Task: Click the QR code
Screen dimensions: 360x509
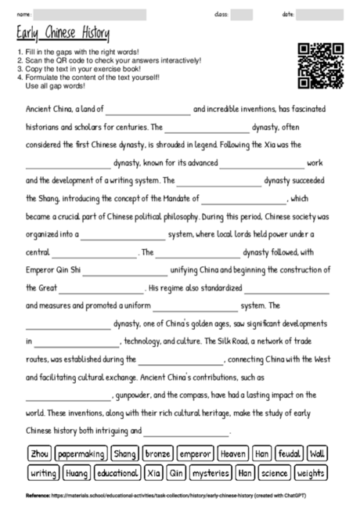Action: [x=321, y=65]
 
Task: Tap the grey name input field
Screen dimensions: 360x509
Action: [x=90, y=14]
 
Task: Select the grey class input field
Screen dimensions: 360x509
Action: [x=241, y=14]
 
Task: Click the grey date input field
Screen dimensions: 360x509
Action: [x=319, y=14]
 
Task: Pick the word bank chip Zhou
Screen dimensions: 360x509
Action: [x=39, y=453]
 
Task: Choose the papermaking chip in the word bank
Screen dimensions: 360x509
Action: [x=81, y=453]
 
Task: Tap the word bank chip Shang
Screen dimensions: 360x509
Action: [x=124, y=453]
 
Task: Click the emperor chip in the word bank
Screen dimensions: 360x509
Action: [x=194, y=453]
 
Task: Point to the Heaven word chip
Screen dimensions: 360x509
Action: [x=233, y=453]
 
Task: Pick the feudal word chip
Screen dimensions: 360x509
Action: [x=290, y=453]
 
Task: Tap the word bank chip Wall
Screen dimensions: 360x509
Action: [x=317, y=453]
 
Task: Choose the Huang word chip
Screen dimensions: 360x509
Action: [x=77, y=473]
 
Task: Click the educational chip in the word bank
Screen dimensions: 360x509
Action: [x=117, y=473]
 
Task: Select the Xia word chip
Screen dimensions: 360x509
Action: [x=153, y=473]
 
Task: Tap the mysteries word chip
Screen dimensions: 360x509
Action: [x=211, y=473]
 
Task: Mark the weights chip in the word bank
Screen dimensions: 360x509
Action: [x=311, y=473]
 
